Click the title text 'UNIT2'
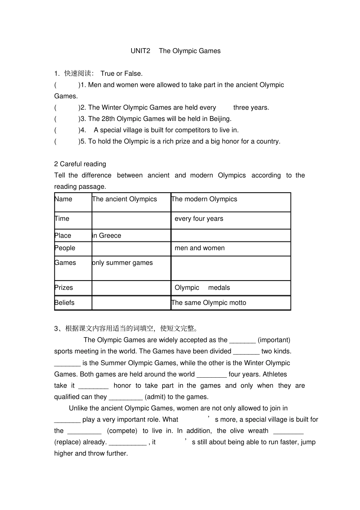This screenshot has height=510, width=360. click(140, 51)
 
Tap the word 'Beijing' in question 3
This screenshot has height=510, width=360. click(220, 119)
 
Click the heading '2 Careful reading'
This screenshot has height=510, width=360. click(80, 164)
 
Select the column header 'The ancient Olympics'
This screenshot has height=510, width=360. click(125, 199)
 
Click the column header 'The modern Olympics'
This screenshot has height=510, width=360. click(204, 199)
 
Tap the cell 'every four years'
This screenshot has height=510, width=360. click(199, 219)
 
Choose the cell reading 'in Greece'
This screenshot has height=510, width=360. click(107, 235)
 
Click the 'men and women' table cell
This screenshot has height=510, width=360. click(200, 248)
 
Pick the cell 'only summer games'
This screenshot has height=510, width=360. click(122, 263)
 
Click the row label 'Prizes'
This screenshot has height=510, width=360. click(64, 287)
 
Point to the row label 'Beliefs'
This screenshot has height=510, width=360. click(64, 303)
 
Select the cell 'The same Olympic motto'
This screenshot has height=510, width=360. click(209, 303)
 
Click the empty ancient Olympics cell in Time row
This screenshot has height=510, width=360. click(131, 220)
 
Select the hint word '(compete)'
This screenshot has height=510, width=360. click(122, 431)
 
